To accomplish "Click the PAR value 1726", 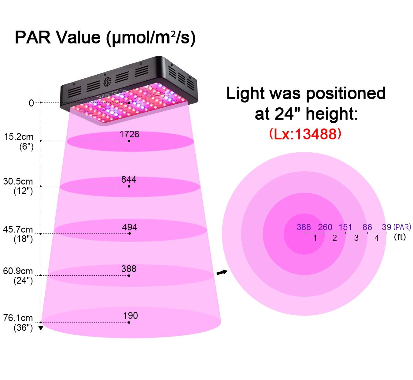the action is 129,134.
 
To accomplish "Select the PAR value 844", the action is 129,180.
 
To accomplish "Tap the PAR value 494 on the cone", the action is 130,227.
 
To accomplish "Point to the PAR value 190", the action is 130,316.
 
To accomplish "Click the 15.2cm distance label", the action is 19,137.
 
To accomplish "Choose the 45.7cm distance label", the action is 18,229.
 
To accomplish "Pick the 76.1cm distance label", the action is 18,318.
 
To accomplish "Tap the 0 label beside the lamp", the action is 31,103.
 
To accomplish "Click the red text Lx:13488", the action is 305,134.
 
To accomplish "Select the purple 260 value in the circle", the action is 325,227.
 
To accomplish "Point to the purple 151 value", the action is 345,227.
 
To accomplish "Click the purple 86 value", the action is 367,227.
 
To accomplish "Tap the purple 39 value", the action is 386,227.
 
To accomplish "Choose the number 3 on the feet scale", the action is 356,238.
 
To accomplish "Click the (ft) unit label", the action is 400,237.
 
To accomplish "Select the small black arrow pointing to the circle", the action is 222,272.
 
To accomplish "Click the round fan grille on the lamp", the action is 107,82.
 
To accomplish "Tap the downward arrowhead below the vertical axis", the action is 41,328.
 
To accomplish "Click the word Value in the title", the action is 78,38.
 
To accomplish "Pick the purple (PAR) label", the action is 402,227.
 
